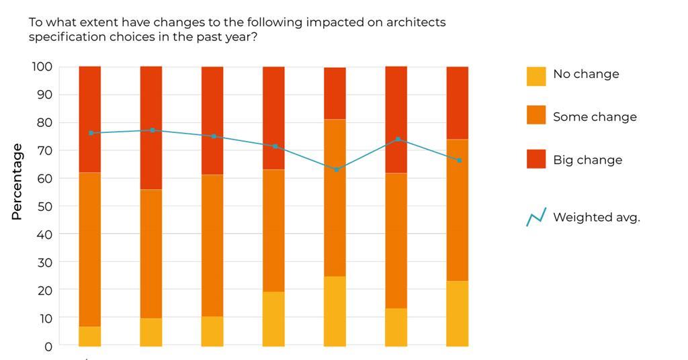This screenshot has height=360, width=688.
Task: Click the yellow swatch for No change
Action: pos(536,76)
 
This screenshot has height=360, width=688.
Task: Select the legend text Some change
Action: pos(594,117)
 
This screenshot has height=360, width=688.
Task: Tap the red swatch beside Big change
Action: pos(536,159)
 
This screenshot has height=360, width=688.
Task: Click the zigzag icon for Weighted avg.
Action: pos(536,217)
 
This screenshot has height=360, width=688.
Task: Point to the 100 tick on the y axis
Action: pos(42,66)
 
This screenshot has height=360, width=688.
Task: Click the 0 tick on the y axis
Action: pos(48,347)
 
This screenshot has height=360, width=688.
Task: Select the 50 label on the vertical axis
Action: pos(44,207)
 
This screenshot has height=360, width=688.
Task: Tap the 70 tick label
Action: pos(44,150)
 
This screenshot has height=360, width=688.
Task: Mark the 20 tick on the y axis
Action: pos(44,291)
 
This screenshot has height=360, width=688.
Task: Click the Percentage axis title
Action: pos(17,182)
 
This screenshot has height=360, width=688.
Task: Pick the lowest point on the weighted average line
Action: pos(336,169)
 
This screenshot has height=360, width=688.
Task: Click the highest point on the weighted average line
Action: pos(152,130)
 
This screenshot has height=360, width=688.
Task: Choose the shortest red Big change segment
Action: pos(335,93)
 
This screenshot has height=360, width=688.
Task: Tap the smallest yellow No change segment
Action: pos(90,336)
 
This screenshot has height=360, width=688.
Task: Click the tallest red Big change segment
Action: pos(151,128)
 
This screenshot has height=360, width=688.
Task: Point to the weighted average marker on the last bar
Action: pos(459,161)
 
